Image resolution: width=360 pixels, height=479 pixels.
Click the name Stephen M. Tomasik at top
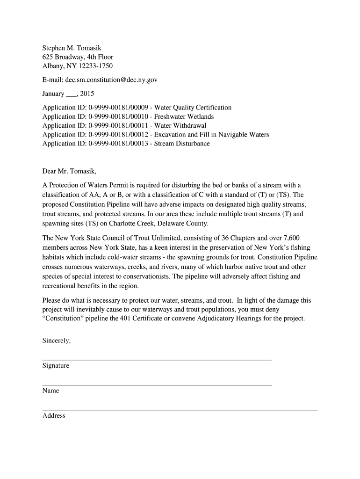click(72, 48)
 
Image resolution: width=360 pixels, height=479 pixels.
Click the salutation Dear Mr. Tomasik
click(69, 171)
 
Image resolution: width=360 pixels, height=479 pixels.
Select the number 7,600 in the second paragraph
click(289, 238)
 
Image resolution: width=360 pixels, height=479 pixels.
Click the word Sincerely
click(57, 341)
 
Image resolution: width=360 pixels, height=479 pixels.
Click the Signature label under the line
click(56, 366)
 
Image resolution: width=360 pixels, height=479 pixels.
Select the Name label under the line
click(50, 391)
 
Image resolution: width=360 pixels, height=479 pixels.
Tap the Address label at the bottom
click(54, 415)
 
